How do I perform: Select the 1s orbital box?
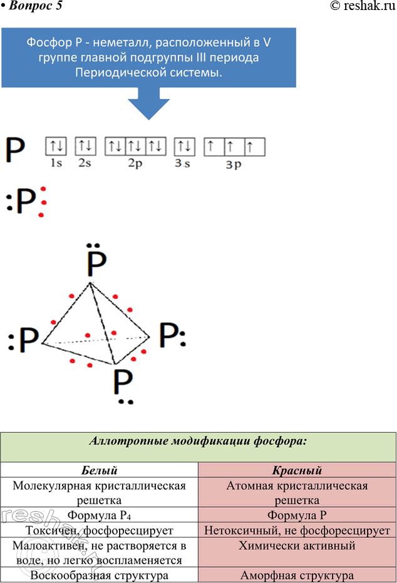click(x=56, y=147)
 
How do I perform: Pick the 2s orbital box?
click(x=86, y=147)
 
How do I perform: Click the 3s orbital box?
click(x=184, y=147)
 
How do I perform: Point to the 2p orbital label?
click(x=136, y=164)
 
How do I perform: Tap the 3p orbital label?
click(x=234, y=165)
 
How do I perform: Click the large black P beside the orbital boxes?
click(x=16, y=151)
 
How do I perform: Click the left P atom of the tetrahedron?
click(x=28, y=340)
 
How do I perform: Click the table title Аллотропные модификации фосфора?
click(x=198, y=441)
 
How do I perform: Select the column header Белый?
click(x=100, y=470)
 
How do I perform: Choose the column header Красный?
click(x=297, y=470)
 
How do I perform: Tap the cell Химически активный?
click(x=297, y=545)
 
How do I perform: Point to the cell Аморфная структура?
click(x=297, y=575)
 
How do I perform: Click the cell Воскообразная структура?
click(x=100, y=575)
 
